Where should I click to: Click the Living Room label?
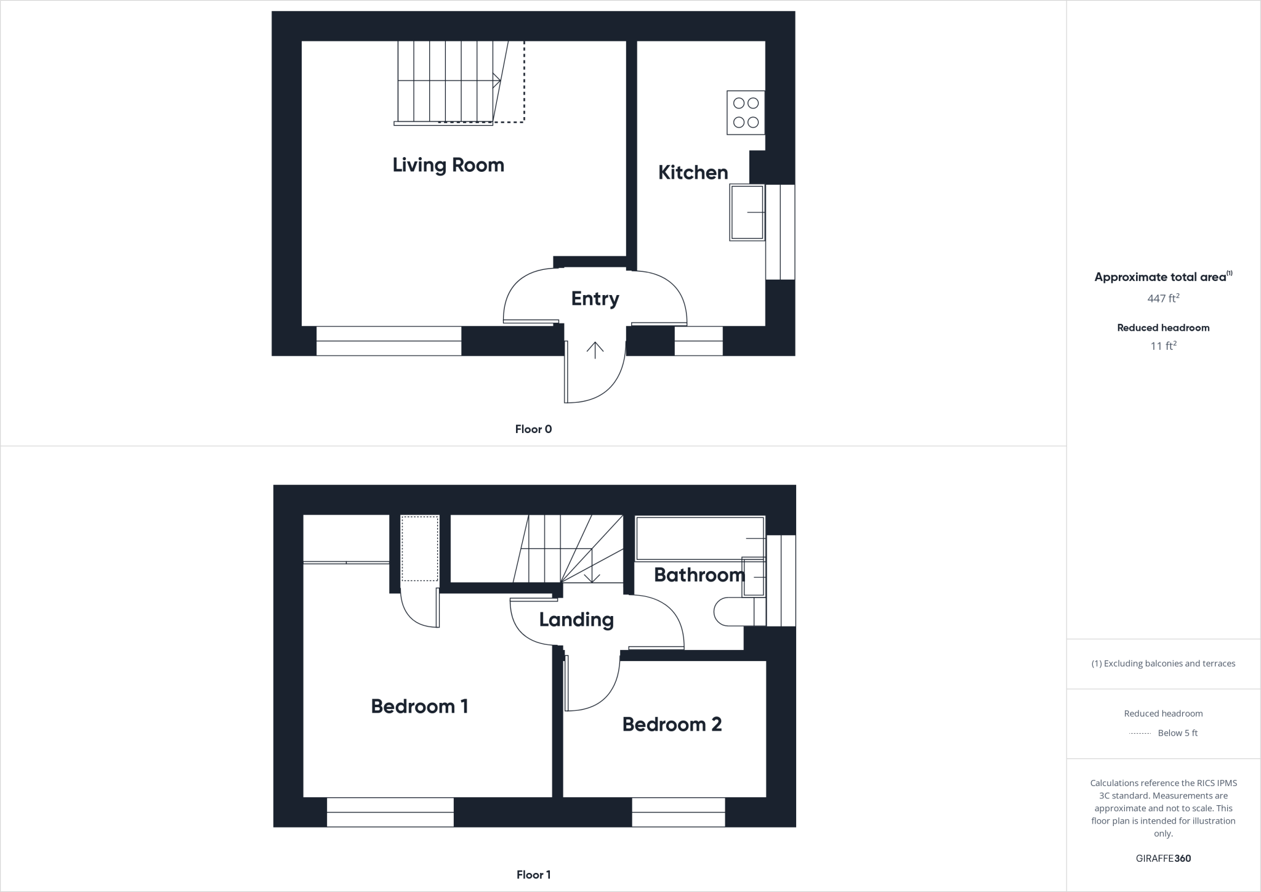coord(448,165)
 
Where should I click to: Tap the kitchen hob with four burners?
coord(746,113)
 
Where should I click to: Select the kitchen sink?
coord(746,212)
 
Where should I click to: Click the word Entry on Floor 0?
coord(595,299)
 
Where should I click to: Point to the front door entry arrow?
coord(595,350)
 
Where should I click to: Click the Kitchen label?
coord(693,172)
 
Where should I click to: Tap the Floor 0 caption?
coord(533,429)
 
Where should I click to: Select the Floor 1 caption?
coord(533,875)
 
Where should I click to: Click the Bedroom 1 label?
coord(419,707)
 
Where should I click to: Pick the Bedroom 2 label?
coord(672,724)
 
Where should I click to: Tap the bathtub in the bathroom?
coord(699,538)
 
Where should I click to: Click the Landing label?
coord(576,620)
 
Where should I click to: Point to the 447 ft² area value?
coord(1163,299)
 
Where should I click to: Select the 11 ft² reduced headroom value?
coord(1163,346)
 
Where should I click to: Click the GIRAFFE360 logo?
coord(1163,858)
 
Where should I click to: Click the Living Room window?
coord(389,341)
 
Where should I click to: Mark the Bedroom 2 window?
coord(679,812)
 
